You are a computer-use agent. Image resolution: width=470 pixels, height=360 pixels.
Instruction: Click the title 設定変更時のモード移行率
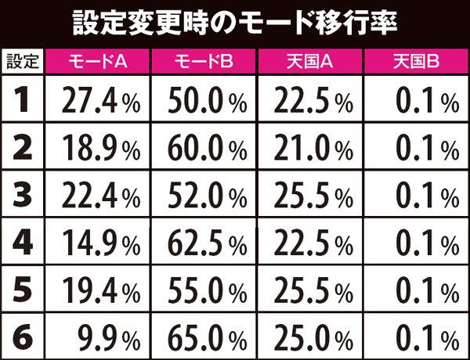click(x=235, y=21)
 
